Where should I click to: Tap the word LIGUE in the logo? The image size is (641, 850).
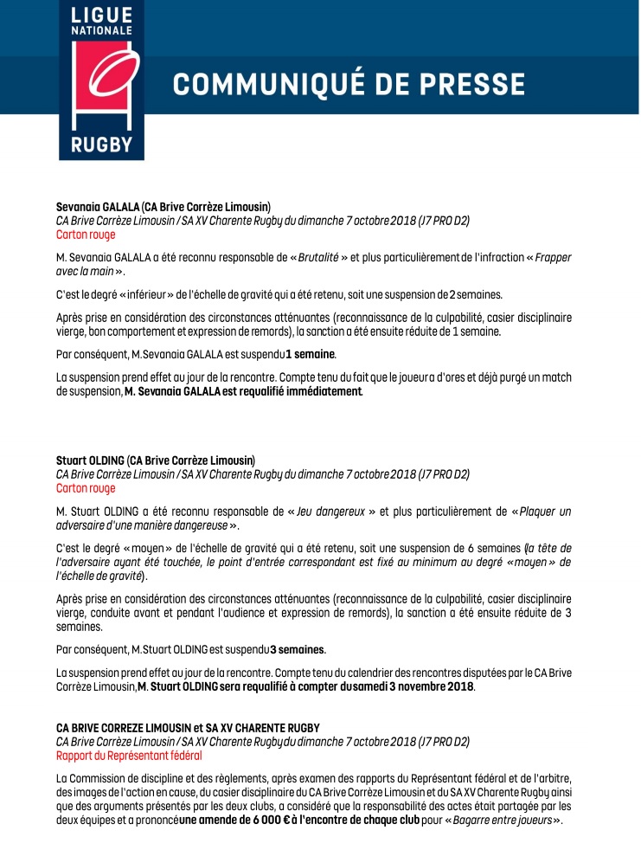coord(101,16)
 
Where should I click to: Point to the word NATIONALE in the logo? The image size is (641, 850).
coord(101,30)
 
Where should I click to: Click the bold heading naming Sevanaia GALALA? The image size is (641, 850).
coord(163,207)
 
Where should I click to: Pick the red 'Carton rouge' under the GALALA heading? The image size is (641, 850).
coord(86,234)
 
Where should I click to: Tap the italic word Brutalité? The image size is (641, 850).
coord(317,258)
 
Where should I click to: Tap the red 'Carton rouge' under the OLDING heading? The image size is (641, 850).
coord(86,487)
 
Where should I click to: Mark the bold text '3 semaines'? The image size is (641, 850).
coord(298,649)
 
